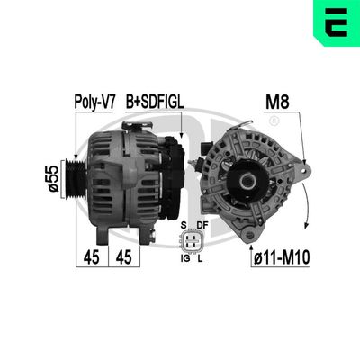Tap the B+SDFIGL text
click(x=154, y=103)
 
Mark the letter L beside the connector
click(x=202, y=258)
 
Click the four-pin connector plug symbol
click(x=192, y=240)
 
